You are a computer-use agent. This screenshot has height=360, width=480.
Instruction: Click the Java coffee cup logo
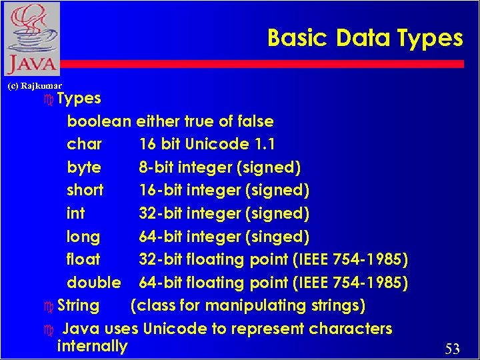31,39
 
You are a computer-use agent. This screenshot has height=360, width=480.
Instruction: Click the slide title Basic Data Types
365,38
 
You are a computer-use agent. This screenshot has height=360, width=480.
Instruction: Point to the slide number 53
453,349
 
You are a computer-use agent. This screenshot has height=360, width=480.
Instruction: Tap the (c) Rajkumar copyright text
34,86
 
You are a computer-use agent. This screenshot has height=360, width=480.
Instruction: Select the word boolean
99,121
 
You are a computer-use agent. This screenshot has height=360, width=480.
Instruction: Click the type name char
85,144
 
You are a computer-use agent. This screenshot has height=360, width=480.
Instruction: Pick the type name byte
84,167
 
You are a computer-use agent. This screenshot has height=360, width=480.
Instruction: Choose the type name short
85,190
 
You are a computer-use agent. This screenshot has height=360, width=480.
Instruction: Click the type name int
75,213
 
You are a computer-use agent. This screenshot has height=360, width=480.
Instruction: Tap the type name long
83,237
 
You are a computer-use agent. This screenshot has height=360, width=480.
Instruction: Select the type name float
83,259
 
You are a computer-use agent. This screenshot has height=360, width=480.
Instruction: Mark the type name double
94,283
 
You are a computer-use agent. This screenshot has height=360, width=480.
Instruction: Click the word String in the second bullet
78,306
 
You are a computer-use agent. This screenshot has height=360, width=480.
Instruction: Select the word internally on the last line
92,346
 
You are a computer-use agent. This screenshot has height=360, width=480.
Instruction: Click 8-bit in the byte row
156,167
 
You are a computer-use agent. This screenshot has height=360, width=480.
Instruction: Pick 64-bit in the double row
159,283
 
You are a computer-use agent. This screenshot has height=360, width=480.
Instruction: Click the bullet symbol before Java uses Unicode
47,330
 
